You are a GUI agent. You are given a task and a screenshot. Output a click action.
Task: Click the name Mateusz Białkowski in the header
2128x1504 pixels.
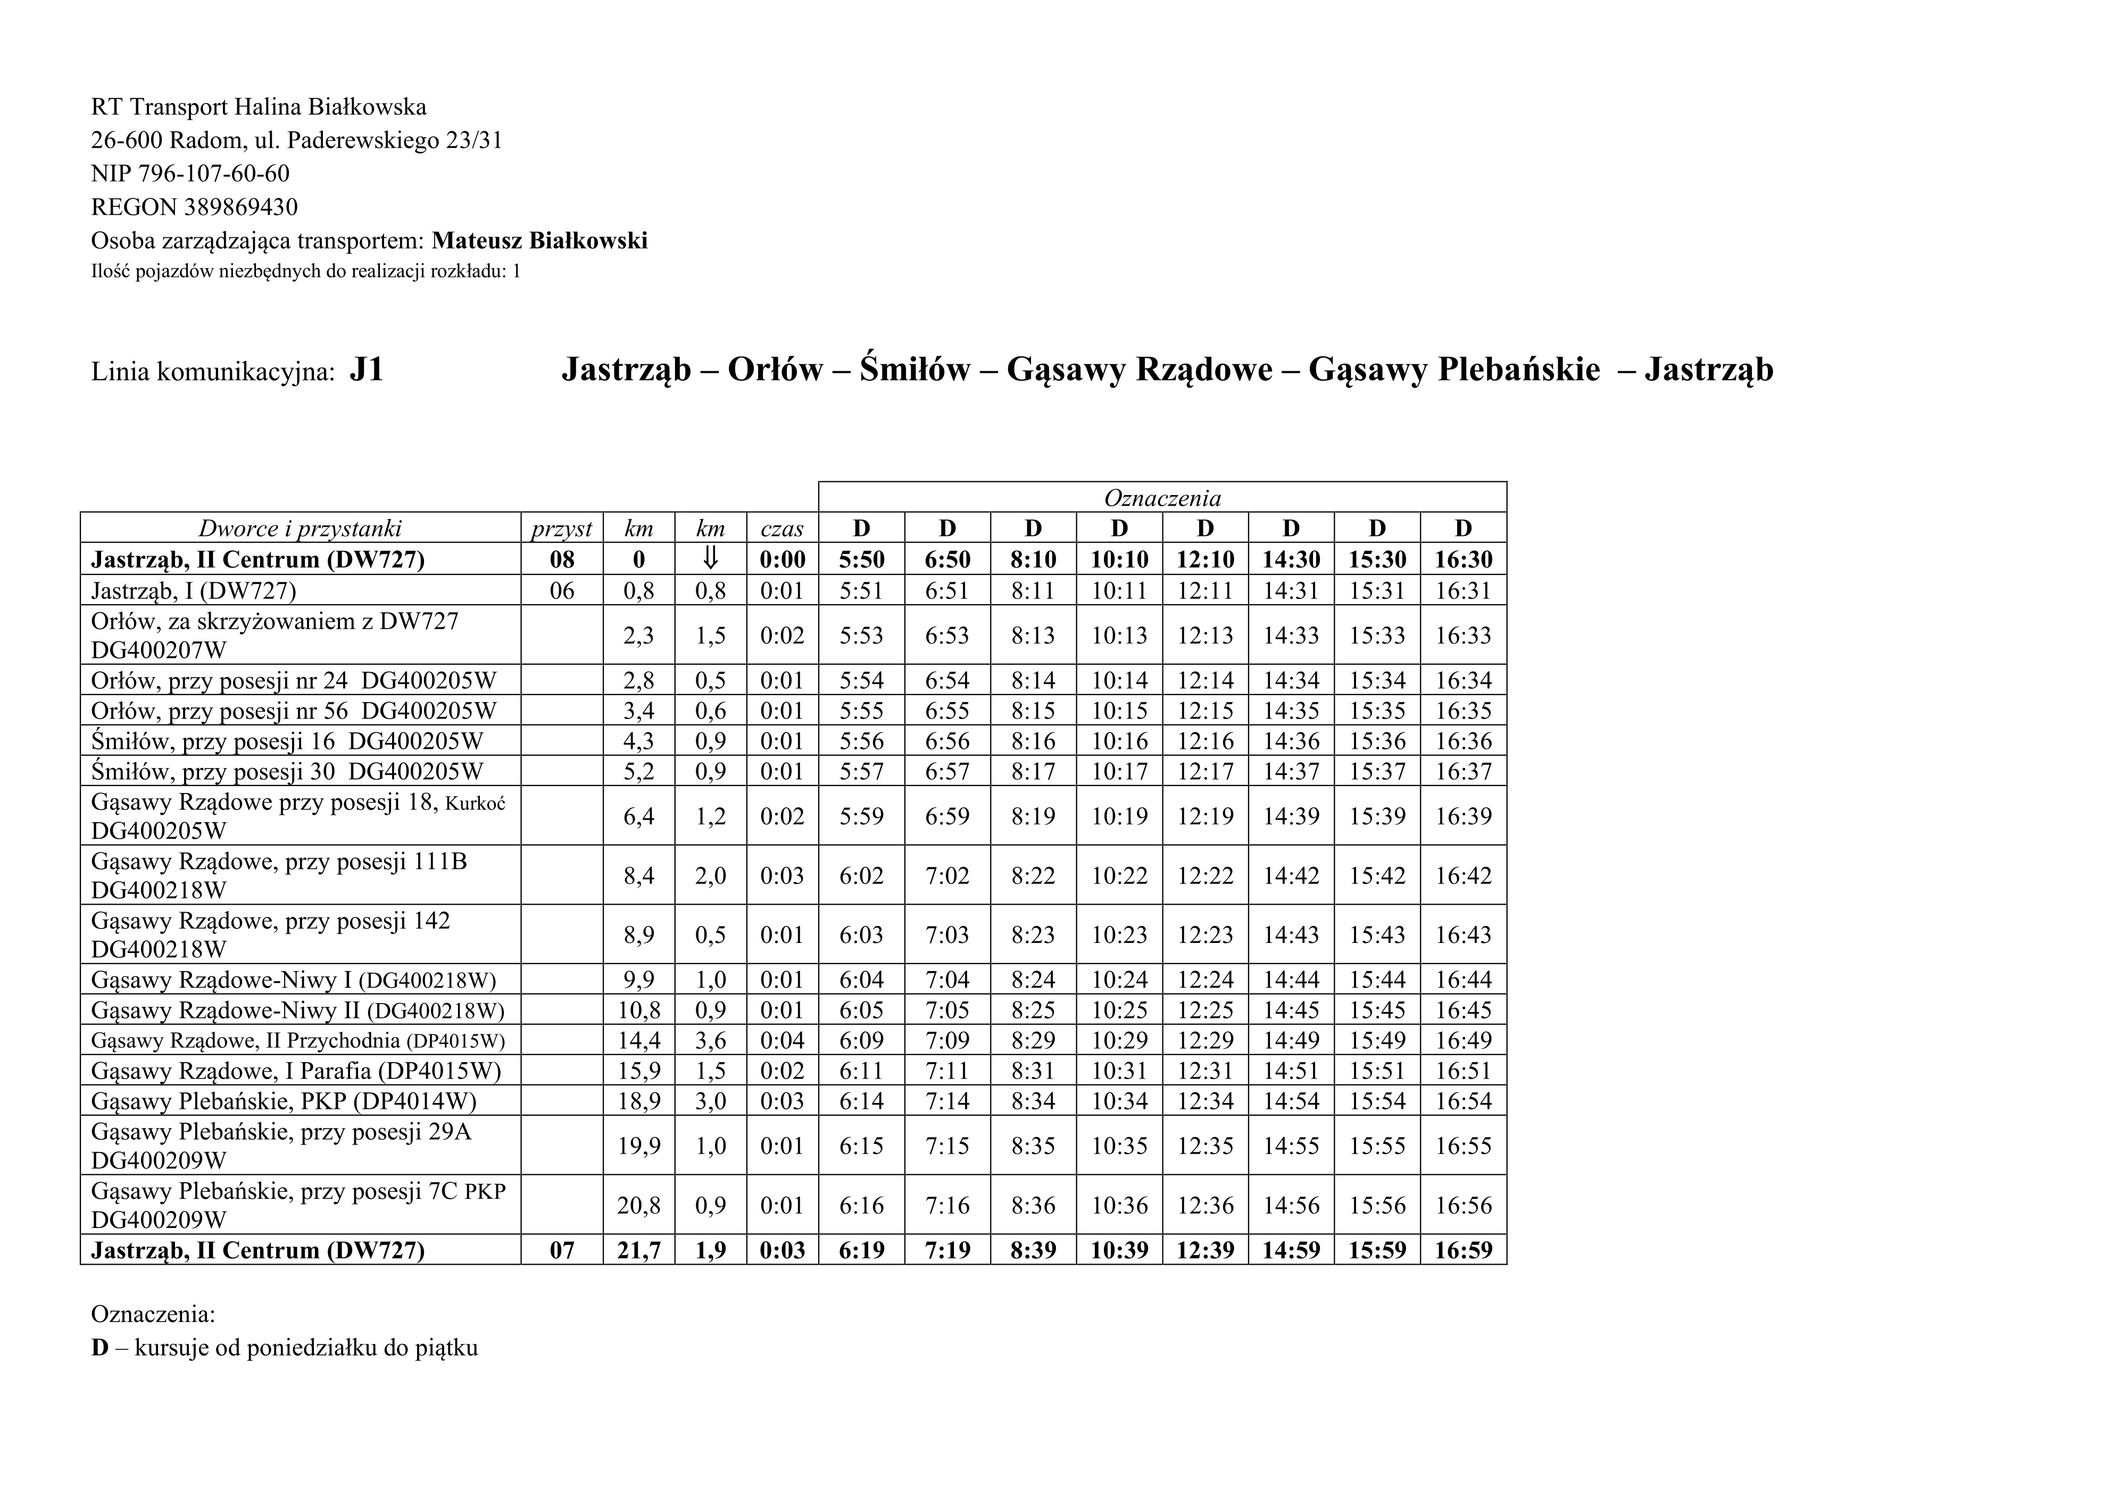click(539, 241)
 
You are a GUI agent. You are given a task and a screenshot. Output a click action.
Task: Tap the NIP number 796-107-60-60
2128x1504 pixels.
click(213, 173)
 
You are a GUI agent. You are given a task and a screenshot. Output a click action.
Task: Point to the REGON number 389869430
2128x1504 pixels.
click(240, 207)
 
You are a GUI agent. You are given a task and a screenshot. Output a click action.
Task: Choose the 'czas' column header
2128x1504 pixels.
click(782, 529)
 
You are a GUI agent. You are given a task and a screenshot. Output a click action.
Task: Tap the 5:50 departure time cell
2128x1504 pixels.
click(861, 559)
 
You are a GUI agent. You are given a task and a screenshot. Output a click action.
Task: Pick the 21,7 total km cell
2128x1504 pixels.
click(638, 1250)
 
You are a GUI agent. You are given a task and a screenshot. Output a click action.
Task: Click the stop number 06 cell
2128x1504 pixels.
click(562, 590)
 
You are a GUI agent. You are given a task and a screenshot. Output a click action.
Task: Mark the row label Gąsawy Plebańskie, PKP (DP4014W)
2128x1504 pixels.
click(284, 1101)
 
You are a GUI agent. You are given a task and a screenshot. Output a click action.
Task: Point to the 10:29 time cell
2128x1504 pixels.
click(1119, 1040)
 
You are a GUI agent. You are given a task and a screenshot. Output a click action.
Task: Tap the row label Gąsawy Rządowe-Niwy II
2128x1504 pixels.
click(296, 1010)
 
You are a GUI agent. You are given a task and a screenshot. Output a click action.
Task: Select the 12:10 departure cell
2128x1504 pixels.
click(1205, 559)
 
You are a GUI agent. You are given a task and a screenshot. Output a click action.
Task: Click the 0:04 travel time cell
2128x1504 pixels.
click(782, 1040)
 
